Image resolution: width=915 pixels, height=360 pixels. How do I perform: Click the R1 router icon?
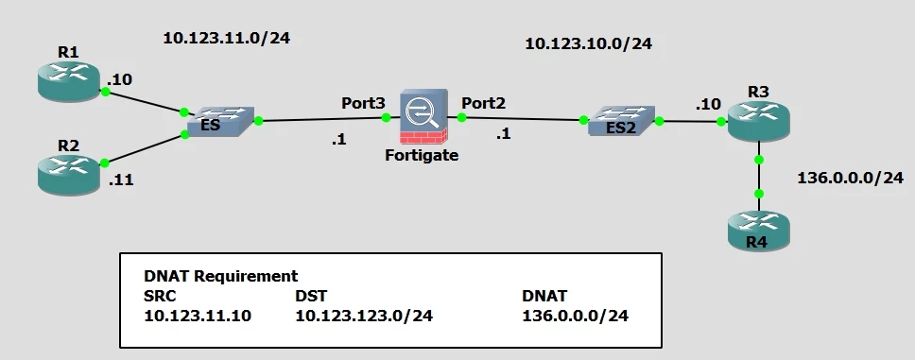click(x=68, y=81)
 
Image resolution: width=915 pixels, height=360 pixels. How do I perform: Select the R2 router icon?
click(x=68, y=175)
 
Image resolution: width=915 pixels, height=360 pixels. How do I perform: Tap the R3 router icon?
click(x=759, y=121)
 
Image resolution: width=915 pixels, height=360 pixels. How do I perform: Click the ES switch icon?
click(x=220, y=121)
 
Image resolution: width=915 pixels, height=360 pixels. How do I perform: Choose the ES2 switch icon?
click(x=621, y=121)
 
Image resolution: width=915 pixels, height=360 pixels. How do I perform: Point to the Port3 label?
click(x=364, y=103)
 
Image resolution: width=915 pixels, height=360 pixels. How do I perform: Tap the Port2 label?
click(x=484, y=103)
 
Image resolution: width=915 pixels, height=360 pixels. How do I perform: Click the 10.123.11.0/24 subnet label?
click(x=227, y=39)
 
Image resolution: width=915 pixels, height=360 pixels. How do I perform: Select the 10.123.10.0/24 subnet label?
click(x=588, y=43)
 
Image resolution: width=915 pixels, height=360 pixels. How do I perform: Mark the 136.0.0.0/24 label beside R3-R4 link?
click(x=850, y=178)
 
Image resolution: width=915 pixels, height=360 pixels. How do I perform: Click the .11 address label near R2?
click(x=121, y=180)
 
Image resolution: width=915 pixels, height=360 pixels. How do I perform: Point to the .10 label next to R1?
click(x=119, y=80)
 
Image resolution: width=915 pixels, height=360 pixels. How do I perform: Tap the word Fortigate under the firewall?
click(x=422, y=156)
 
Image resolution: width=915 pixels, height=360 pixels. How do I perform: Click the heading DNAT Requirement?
click(x=220, y=276)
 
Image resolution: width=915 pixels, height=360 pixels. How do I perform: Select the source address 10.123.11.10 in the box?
click(x=198, y=316)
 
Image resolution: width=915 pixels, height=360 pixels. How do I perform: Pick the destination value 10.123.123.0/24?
click(x=364, y=316)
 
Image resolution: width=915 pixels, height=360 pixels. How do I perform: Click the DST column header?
click(x=310, y=296)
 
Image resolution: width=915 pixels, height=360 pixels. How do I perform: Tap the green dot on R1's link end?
click(x=106, y=92)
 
